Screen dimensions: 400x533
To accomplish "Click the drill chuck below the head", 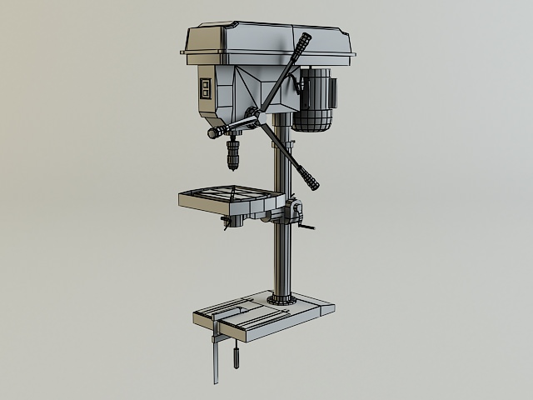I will click(x=233, y=155).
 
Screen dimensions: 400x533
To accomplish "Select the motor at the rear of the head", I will click(x=313, y=100).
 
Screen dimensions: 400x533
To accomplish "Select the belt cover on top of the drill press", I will click(x=266, y=42).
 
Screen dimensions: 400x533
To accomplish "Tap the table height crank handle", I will click(x=306, y=228).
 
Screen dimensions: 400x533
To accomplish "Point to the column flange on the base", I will click(x=282, y=298).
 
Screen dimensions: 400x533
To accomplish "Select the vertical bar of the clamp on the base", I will click(x=216, y=358).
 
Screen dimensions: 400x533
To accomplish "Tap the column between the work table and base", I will click(x=283, y=258).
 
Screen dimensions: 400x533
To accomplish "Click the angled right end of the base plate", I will click(x=326, y=310).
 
